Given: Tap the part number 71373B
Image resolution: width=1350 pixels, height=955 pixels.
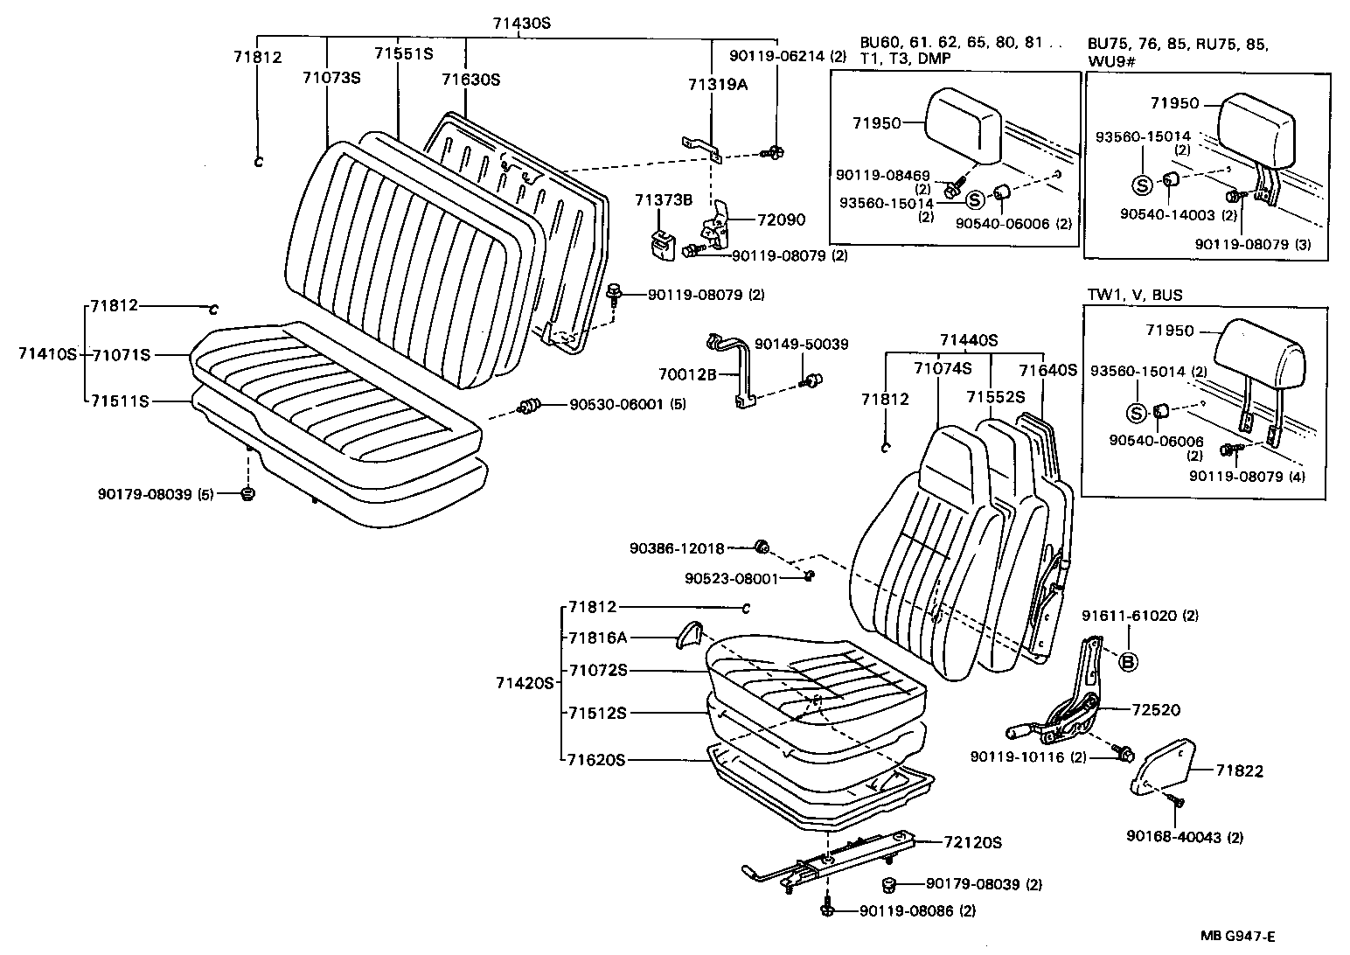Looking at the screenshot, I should click(664, 200).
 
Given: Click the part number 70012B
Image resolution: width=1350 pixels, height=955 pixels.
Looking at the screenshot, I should click(688, 374).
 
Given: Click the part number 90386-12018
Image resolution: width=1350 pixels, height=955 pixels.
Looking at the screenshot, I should click(677, 548).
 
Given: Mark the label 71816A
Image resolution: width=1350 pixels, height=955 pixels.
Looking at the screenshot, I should click(598, 638).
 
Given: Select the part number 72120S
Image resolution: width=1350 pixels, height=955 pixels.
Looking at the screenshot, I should click(972, 843).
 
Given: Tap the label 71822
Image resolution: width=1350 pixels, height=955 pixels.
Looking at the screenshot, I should click(1240, 770).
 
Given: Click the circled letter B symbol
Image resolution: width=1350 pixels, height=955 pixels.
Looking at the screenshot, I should click(1128, 662).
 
